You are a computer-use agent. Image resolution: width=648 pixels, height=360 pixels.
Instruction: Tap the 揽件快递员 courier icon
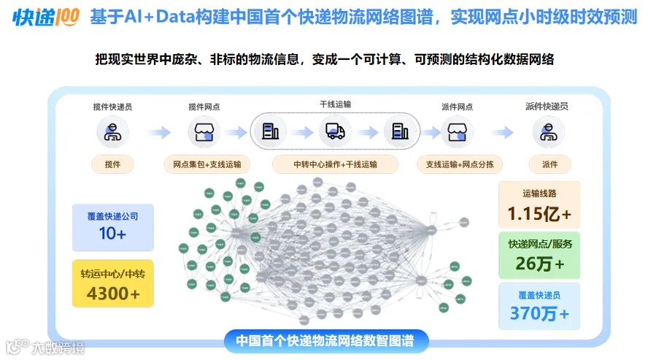tap(112, 132)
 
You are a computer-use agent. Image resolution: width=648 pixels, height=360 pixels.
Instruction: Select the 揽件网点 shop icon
tap(204, 132)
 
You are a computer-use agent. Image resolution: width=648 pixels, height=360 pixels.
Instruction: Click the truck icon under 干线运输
tap(335, 131)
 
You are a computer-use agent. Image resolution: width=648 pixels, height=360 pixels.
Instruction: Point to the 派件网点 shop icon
tap(457, 132)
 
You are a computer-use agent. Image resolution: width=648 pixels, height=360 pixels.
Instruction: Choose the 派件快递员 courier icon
tap(547, 132)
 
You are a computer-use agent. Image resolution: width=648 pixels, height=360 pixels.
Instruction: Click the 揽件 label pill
tap(112, 164)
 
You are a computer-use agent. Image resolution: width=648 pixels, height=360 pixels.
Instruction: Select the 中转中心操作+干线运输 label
tap(335, 164)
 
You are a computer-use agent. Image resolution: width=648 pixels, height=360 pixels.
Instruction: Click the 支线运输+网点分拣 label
tap(460, 164)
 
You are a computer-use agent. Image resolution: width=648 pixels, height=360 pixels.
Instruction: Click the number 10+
tap(112, 234)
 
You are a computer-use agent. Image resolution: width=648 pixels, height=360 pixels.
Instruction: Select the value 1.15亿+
tap(539, 215)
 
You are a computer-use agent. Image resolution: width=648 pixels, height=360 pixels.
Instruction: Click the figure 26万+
tap(539, 264)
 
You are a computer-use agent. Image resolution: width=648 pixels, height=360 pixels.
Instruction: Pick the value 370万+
tap(539, 314)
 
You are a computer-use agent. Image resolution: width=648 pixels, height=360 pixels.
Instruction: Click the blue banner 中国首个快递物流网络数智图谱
tap(325, 340)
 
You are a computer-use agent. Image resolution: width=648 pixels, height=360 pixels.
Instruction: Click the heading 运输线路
tap(539, 194)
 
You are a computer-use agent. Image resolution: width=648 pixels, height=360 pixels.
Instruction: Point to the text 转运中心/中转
tap(112, 275)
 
